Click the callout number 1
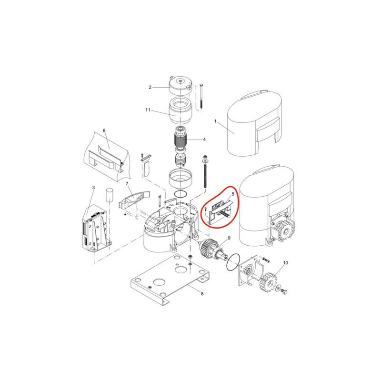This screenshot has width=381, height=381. point(215,121)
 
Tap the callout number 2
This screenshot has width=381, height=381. point(150,87)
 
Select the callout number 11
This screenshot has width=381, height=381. point(148,110)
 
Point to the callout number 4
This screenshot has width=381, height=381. point(204,139)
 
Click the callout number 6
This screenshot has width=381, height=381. point(104,130)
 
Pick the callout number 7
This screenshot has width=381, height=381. point(127,184)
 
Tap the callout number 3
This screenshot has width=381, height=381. point(93,188)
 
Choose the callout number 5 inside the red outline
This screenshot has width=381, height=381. point(233,194)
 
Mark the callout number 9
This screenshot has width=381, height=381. point(229,238)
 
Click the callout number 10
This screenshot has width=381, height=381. point(285,263)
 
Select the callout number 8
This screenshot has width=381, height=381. point(202,294)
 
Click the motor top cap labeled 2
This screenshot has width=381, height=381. point(180,86)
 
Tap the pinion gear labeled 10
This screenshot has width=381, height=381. point(269,282)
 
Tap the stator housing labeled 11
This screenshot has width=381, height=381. point(180,110)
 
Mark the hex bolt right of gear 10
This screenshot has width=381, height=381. point(284,291)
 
